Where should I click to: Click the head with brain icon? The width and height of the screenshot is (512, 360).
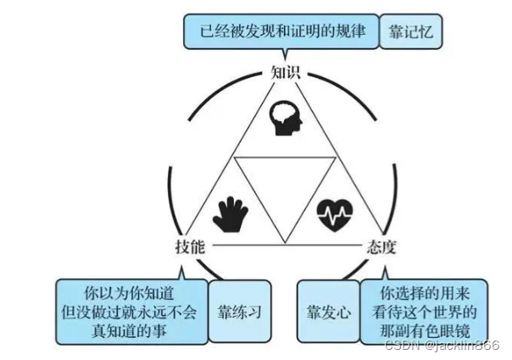286,120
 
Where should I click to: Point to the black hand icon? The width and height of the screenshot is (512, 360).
230,213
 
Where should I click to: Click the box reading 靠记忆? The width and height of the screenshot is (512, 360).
410,33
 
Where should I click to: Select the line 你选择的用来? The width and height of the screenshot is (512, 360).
424,294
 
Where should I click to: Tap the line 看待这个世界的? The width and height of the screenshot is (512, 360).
424,313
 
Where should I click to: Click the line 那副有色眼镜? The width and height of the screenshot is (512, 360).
424,331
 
